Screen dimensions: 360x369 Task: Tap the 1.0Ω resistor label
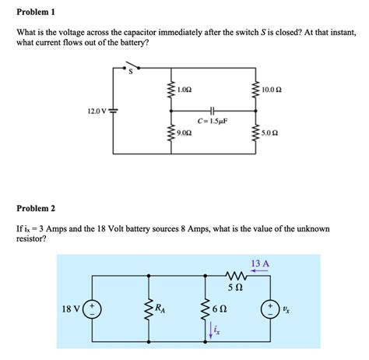(x=184, y=90)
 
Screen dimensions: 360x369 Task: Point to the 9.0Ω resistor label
(x=184, y=133)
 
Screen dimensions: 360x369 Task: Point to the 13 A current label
(x=259, y=263)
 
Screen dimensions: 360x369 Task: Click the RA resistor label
(x=161, y=309)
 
